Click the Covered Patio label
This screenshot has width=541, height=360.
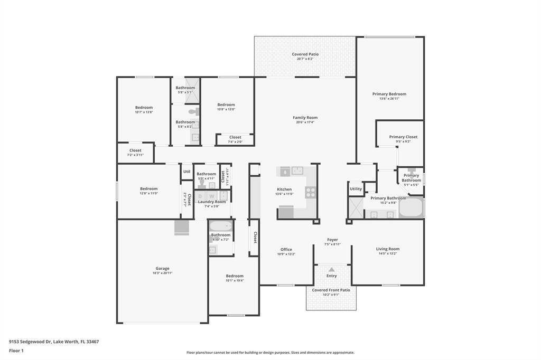pyautogui.click(x=305, y=54)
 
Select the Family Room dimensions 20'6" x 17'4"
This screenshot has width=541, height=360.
pyautogui.click(x=305, y=122)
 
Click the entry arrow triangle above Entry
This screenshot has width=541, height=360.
pyautogui.click(x=331, y=270)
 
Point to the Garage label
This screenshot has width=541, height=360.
pyautogui.click(x=162, y=268)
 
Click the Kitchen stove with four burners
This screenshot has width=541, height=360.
pyautogui.click(x=311, y=192)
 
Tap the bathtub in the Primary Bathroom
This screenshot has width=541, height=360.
pyautogui.click(x=411, y=208)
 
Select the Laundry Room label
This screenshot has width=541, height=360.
pyautogui.click(x=211, y=202)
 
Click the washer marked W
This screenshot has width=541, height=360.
pyautogui.click(x=211, y=196)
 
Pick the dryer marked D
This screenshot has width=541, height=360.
pyautogui.click(x=200, y=196)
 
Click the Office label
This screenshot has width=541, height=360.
pyautogui.click(x=286, y=250)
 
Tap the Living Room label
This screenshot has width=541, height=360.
pyautogui.click(x=388, y=249)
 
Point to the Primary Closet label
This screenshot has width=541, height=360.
pyautogui.click(x=403, y=137)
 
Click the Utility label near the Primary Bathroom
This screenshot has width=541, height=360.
pyautogui.click(x=356, y=189)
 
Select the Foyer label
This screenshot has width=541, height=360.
pyautogui.click(x=332, y=240)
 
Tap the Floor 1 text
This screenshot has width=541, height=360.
pyautogui.click(x=16, y=350)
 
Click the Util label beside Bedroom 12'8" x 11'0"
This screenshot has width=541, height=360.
pyautogui.click(x=186, y=172)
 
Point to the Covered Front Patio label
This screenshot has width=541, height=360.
pyautogui.click(x=331, y=290)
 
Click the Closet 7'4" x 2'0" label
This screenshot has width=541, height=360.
pyautogui.click(x=235, y=137)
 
